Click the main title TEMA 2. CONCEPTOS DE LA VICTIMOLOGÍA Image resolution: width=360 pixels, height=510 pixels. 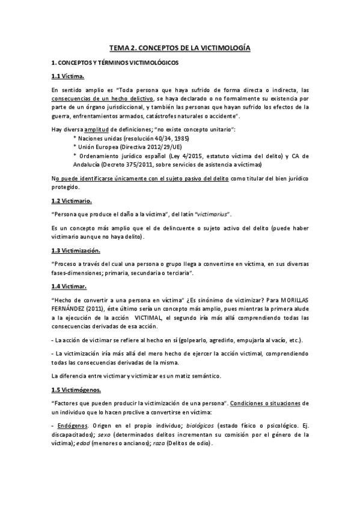point(180,46)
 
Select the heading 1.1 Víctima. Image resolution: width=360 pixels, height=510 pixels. point(68,76)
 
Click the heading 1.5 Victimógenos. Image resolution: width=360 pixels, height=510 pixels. point(80,389)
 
